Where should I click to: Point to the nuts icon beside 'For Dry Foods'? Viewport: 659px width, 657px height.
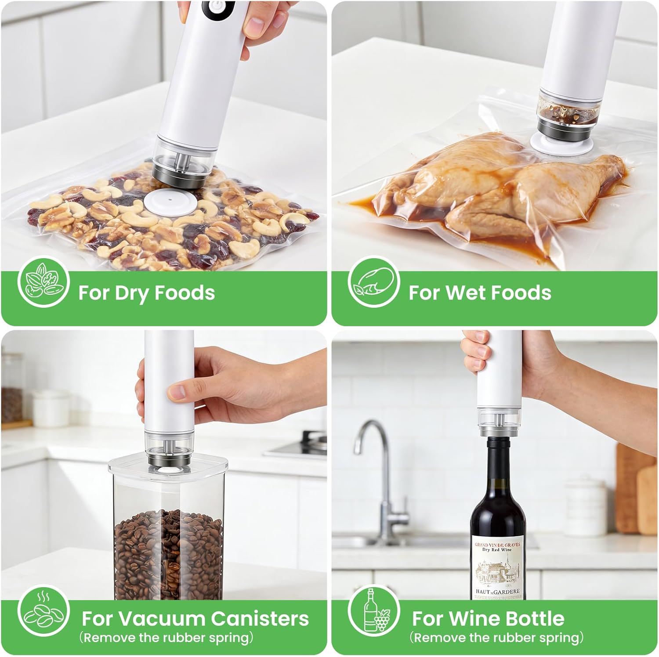tap(43, 282)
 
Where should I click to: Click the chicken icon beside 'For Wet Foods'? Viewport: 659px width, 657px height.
tap(373, 282)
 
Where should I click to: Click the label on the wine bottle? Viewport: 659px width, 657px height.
tap(498, 569)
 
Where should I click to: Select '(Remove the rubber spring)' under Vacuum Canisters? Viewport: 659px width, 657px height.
tap(166, 637)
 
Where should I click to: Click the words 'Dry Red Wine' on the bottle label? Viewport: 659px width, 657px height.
tap(497, 550)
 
